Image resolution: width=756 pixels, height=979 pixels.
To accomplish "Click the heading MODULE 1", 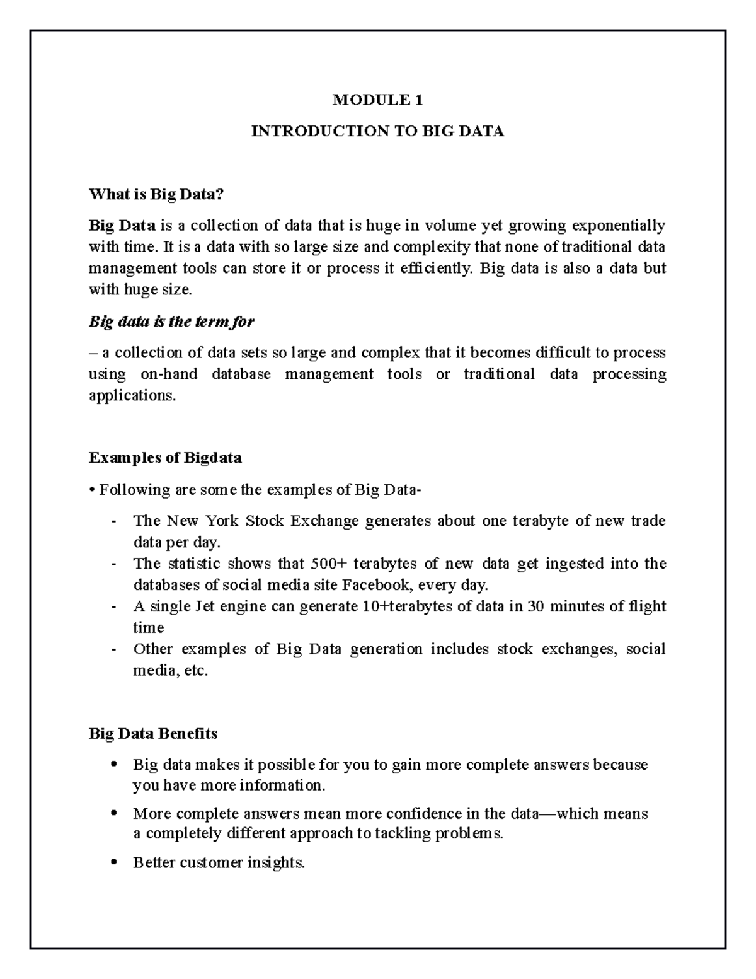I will tap(377, 100).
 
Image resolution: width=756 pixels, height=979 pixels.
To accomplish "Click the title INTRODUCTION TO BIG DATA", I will tap(377, 131).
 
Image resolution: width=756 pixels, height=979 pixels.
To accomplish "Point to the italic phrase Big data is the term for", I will tap(171, 322).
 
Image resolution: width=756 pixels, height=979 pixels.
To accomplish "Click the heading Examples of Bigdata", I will tap(165, 458).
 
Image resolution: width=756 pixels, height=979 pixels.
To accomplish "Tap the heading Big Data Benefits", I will tap(153, 734).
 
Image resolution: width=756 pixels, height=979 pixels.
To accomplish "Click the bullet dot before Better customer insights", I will tap(113, 862).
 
